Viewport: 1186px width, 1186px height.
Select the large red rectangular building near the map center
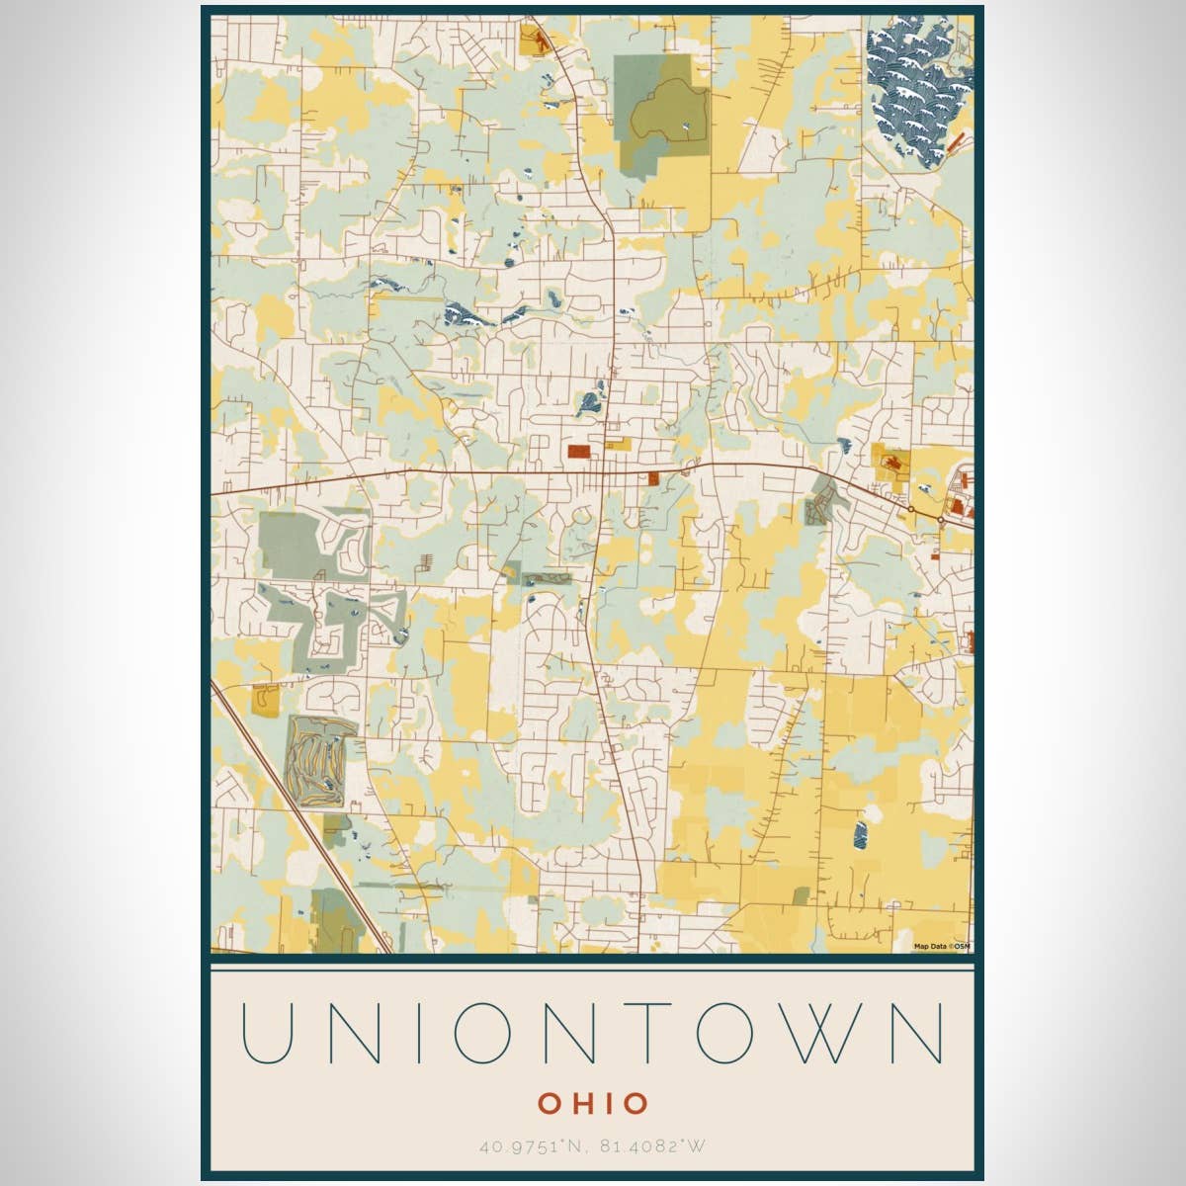pyautogui.click(x=579, y=452)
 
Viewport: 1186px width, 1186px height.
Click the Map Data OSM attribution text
pyautogui.click(x=942, y=946)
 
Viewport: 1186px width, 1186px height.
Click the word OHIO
pyautogui.click(x=593, y=1102)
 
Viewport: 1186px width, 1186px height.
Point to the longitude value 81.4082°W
pyautogui.click(x=654, y=1147)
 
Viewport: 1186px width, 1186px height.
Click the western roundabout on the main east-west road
pyautogui.click(x=910, y=508)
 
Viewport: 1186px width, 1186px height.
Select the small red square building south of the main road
pyautogui.click(x=653, y=477)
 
